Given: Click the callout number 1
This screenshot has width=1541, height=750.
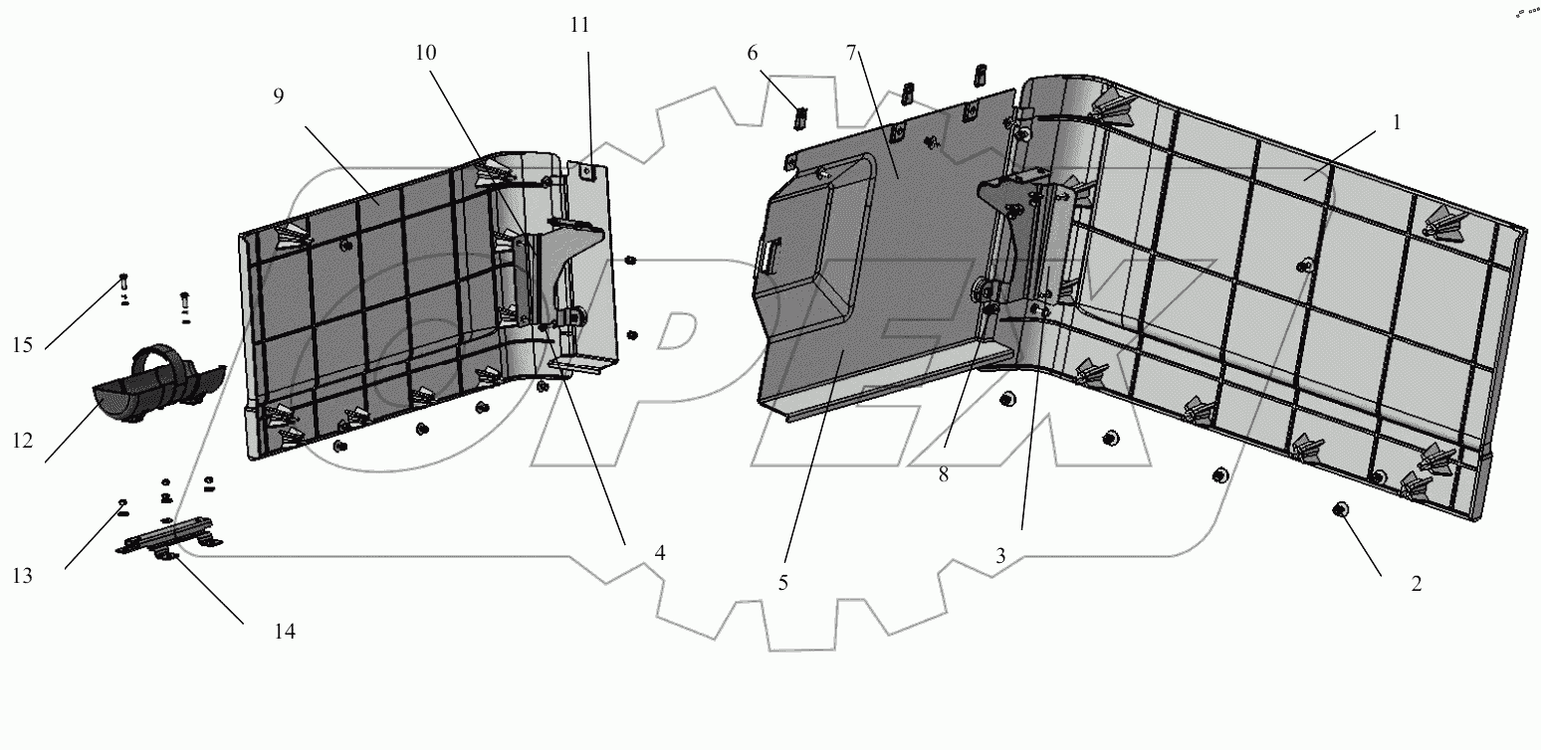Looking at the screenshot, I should click(1397, 123).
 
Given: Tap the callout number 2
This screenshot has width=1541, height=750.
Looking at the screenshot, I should click(1416, 584).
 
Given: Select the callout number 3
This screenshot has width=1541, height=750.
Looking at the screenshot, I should click(1000, 557).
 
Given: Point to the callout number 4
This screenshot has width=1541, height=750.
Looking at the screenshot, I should click(660, 552).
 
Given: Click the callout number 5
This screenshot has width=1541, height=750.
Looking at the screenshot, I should click(783, 583).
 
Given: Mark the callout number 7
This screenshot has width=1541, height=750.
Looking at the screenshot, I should click(851, 53).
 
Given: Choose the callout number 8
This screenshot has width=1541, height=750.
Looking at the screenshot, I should click(943, 474).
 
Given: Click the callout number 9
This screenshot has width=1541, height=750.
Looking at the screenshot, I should click(278, 95).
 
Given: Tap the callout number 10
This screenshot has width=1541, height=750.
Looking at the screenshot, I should click(425, 53).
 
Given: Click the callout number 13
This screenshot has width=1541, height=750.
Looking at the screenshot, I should click(23, 575).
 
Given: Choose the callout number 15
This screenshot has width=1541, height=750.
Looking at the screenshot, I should click(23, 345).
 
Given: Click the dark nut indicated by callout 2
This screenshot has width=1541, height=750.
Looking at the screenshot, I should click(1340, 510).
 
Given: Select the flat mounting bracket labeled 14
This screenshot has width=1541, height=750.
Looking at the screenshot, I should click(169, 537).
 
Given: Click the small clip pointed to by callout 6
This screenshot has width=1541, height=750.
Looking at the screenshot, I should click(799, 117).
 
